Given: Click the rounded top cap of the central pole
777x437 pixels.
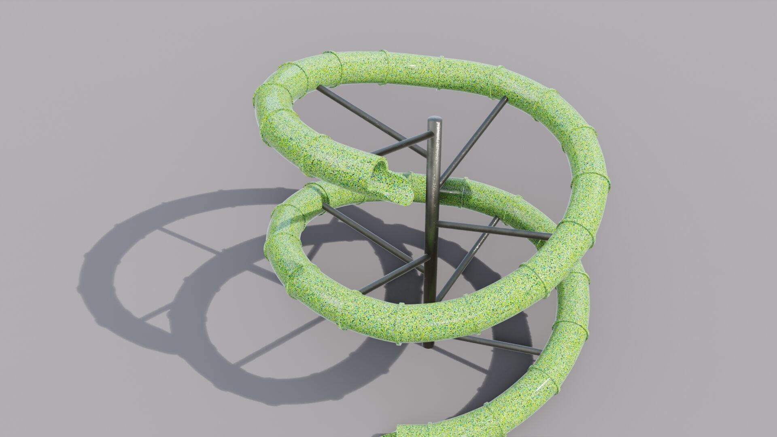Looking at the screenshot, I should (x=435, y=120).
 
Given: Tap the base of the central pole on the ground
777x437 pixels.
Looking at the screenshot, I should (x=429, y=344).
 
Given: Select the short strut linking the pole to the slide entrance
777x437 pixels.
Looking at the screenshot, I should (x=401, y=144).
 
